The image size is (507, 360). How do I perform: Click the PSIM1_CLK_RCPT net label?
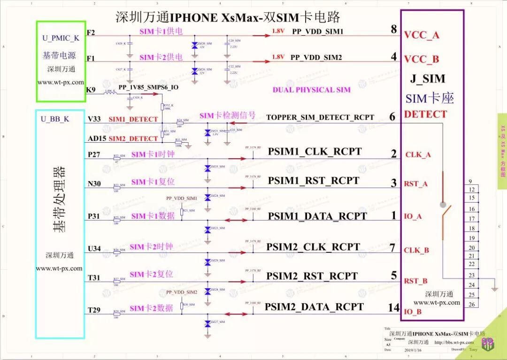click(x=315, y=152)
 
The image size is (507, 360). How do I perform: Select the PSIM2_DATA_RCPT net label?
click(x=314, y=307)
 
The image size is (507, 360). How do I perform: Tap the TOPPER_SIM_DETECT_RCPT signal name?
click(x=320, y=117)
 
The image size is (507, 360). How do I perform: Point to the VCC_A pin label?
click(x=422, y=35)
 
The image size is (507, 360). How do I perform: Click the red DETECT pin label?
click(x=425, y=114)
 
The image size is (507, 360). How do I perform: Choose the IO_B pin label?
click(x=413, y=312)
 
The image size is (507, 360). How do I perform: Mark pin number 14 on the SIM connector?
click(x=393, y=308)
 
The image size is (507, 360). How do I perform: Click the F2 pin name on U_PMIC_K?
click(x=91, y=32)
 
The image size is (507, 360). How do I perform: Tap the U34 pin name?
click(x=94, y=248)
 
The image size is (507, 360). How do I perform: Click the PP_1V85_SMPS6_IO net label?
click(x=148, y=87)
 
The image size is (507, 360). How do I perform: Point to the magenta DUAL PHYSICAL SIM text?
click(x=311, y=90)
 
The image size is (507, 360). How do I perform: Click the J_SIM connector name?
click(x=427, y=78)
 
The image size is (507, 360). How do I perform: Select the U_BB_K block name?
click(x=54, y=119)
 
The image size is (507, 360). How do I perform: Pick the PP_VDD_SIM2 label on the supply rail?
click(x=316, y=57)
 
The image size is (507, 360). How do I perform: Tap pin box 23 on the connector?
click(x=472, y=276)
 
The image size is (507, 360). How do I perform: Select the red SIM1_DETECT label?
click(x=133, y=119)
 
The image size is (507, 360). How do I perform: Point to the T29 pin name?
click(x=94, y=310)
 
